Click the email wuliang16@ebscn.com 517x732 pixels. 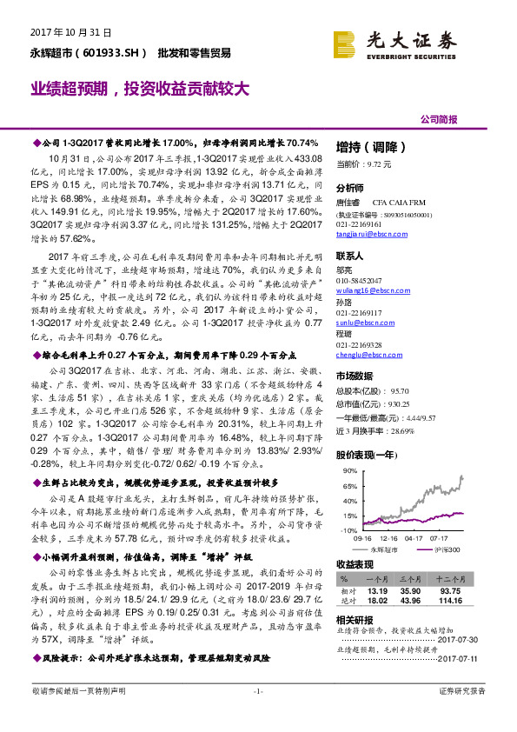coord(367,291)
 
